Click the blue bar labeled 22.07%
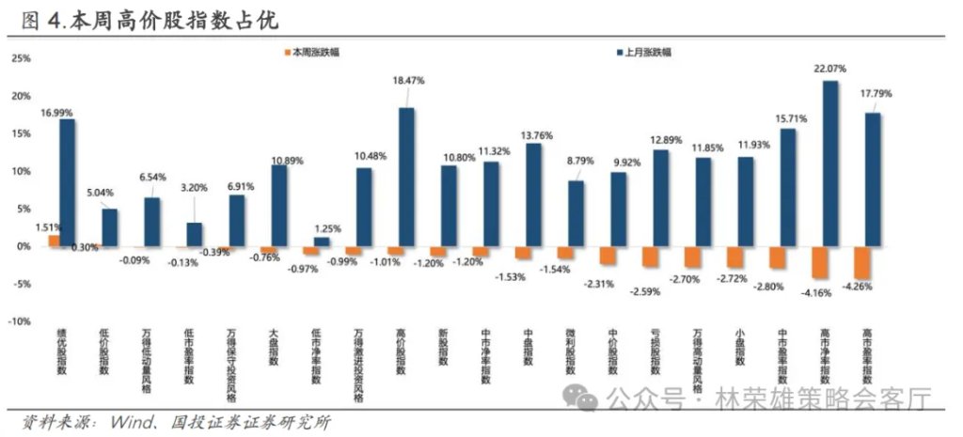(x=830, y=164)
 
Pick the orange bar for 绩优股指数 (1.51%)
(x=54, y=241)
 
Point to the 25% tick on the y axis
(x=22, y=58)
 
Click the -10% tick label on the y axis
(x=20, y=321)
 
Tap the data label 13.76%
(x=533, y=135)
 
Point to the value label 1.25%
(x=327, y=228)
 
